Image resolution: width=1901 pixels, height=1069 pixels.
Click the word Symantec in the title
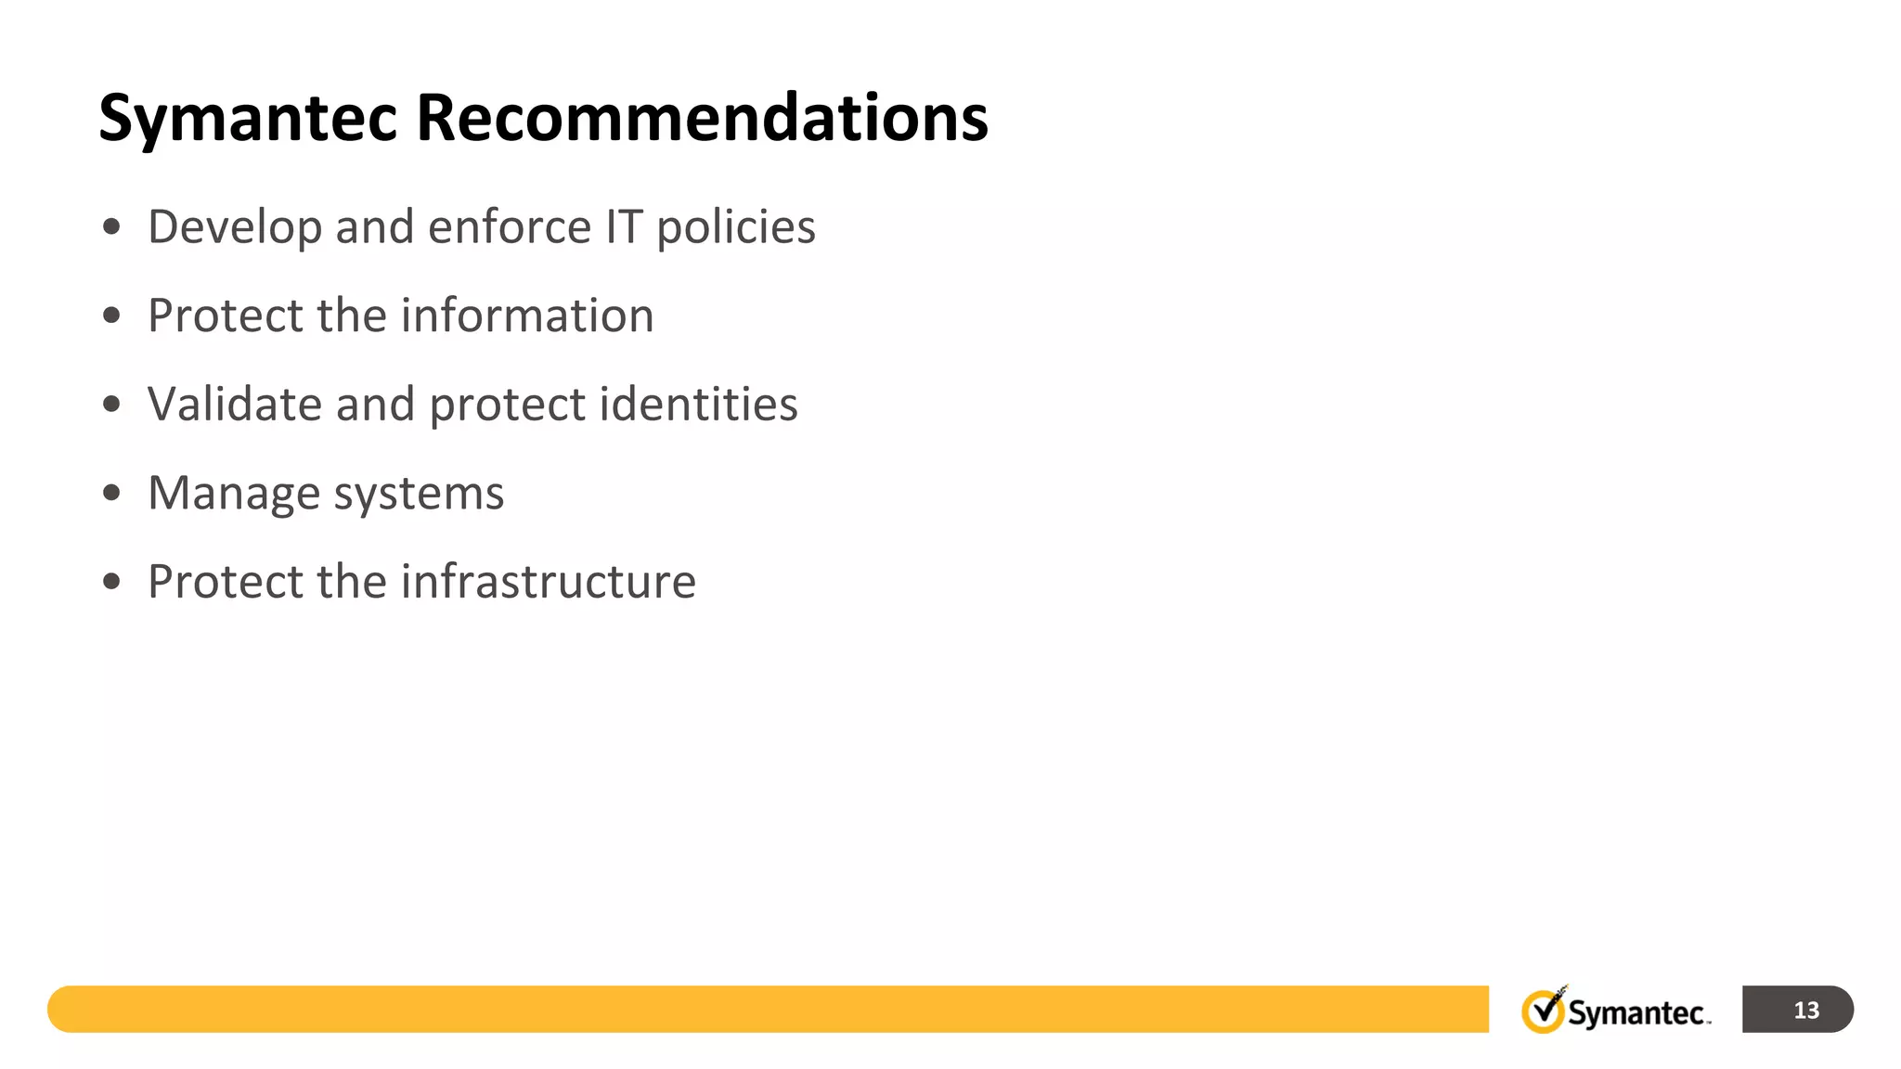248,119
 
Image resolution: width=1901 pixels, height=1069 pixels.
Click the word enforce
510,227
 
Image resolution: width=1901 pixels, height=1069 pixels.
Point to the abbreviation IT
624,227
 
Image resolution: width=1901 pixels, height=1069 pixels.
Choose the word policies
736,228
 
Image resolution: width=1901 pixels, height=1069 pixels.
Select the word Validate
235,405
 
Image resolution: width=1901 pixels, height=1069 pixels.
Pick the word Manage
234,494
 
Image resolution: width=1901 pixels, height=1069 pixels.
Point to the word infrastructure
548,582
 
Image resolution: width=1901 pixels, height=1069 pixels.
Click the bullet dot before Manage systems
111,493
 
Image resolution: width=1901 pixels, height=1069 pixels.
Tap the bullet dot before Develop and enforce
111,226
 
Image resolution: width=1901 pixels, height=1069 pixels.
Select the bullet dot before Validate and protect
111,404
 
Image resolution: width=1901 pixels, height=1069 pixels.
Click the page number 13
1805,1010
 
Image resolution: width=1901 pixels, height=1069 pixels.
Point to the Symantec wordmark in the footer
1636,1012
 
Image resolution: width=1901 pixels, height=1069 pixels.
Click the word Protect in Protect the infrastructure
226,582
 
